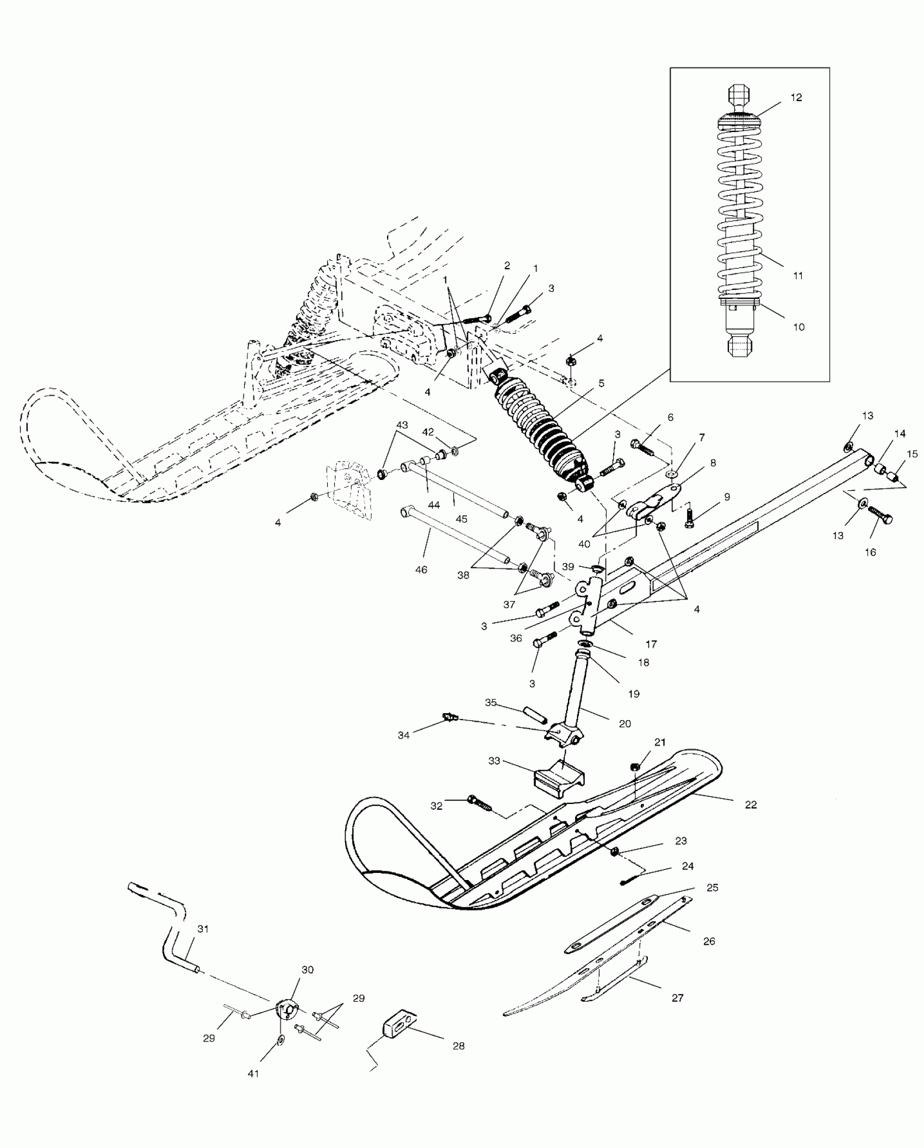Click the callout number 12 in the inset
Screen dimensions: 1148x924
[x=796, y=98]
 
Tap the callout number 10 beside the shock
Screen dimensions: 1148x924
[x=798, y=327]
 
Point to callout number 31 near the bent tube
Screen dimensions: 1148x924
[x=203, y=929]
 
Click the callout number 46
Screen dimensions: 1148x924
[x=421, y=570]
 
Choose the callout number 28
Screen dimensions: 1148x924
[x=458, y=1046]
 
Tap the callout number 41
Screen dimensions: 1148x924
[x=253, y=1074]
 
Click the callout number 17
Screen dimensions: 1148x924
[x=651, y=645]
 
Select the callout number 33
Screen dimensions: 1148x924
[x=494, y=761]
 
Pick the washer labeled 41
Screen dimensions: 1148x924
[x=280, y=1040]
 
